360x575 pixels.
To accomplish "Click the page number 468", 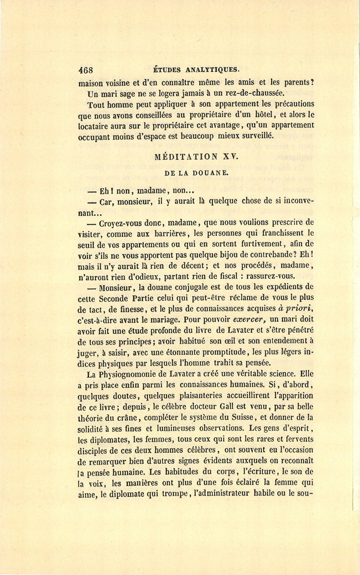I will click(86, 69).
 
